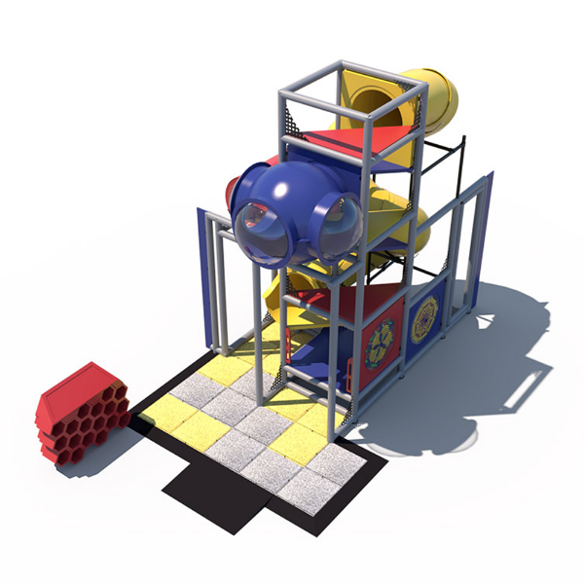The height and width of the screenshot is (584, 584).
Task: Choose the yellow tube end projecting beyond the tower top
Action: tap(438, 97)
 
